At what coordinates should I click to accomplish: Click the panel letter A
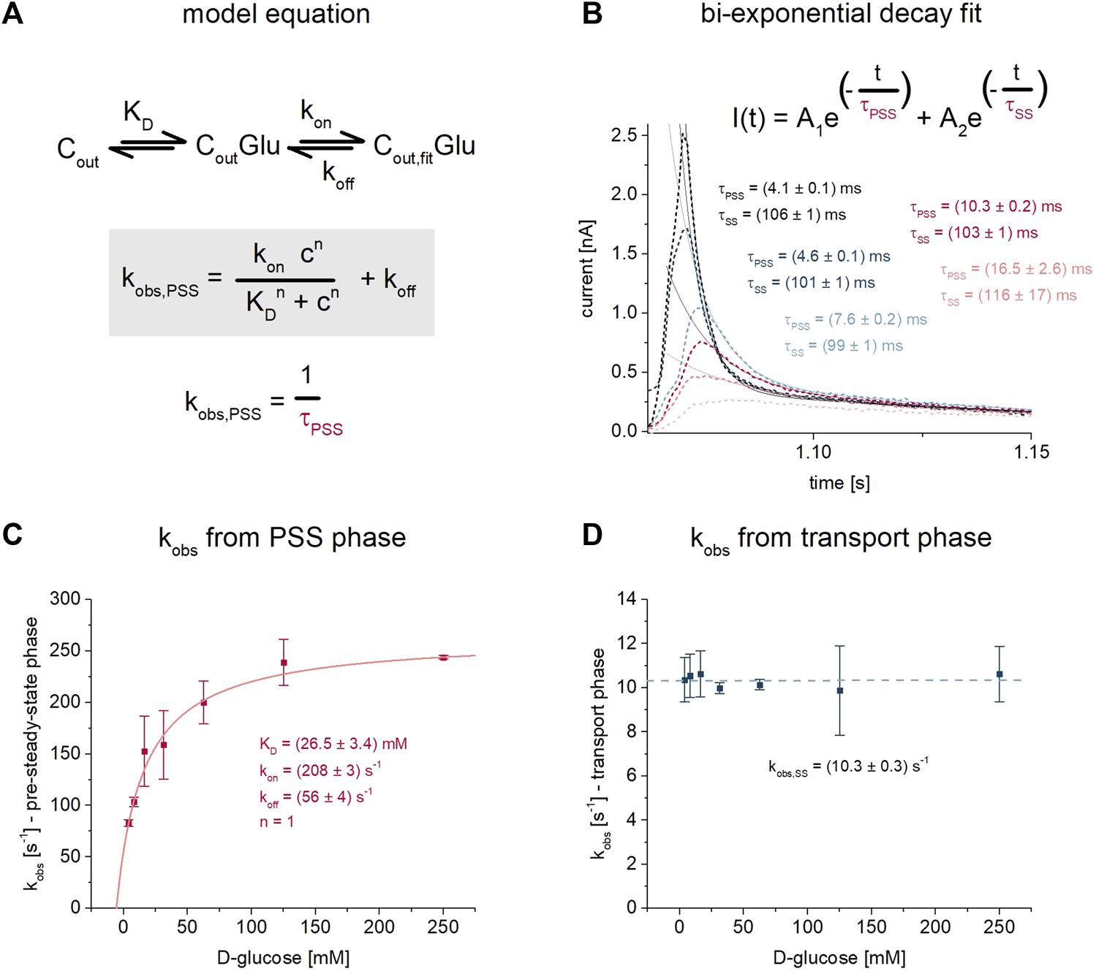coord(12,14)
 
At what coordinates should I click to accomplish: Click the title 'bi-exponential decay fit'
coord(840,14)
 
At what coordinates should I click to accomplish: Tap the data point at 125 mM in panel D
coord(840,690)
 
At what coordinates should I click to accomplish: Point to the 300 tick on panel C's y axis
coord(65,599)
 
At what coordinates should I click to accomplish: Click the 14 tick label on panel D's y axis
coord(628,599)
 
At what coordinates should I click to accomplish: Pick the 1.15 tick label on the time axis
coord(1030,452)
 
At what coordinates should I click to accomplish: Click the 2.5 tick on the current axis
coord(623,135)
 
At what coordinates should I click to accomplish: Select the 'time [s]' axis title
coord(839,483)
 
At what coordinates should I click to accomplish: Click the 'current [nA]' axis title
coord(587,269)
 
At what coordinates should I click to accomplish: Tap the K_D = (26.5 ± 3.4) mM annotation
coord(333,745)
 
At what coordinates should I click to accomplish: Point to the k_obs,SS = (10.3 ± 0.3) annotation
coord(848,766)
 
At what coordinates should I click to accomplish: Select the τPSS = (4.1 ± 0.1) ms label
coord(790,189)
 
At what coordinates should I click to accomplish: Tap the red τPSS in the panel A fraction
coord(321,425)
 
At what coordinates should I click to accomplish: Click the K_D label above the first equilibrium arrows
coord(138,113)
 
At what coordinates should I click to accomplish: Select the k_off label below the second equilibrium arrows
coord(338,175)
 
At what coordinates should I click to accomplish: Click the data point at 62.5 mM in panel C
coord(204,703)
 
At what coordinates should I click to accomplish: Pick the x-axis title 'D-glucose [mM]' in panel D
coord(839,957)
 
